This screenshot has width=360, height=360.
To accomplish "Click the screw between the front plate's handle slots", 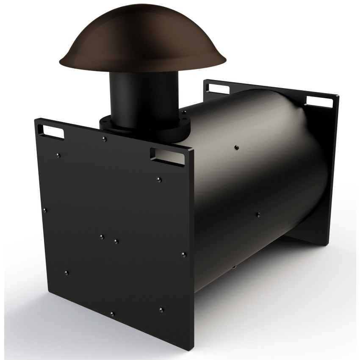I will click(104, 139).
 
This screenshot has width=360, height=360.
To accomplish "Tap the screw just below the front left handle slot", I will click(59, 155).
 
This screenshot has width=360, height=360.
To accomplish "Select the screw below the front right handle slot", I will click(158, 179).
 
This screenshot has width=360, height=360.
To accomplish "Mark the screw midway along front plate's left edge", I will click(45, 209).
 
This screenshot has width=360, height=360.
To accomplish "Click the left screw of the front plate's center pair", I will click(101, 236).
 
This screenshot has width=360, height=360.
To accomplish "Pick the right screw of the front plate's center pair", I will click(116, 241).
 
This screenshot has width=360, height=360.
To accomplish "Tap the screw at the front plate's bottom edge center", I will click(112, 314).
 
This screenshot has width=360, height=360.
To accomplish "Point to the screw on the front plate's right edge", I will click(183, 255).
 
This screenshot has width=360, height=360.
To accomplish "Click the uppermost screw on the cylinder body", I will click(236, 147).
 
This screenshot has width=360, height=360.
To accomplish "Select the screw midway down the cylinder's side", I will click(258, 215).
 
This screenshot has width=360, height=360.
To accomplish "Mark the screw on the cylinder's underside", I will click(234, 267).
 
